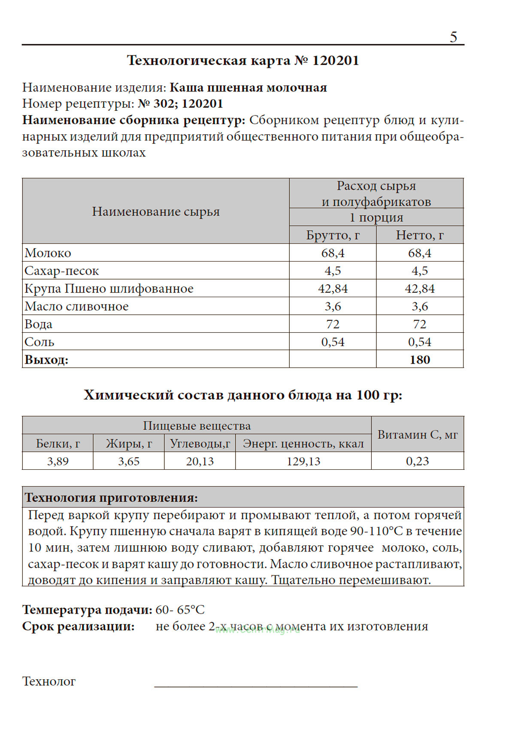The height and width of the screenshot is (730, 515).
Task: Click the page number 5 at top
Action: click(453, 37)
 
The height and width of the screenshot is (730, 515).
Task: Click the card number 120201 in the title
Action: click(335, 61)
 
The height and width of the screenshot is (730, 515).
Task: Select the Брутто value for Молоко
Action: click(333, 253)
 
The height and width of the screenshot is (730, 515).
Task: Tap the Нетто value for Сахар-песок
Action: click(419, 271)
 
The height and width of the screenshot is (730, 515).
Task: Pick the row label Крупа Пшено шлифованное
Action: click(109, 289)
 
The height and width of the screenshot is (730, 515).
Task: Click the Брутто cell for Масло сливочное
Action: click(333, 307)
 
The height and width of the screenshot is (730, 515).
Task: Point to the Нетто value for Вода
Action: click(419, 324)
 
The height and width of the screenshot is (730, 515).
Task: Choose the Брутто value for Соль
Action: click(333, 342)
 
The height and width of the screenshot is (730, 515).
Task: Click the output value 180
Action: click(419, 360)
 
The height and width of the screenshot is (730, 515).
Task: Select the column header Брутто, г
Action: click(333, 235)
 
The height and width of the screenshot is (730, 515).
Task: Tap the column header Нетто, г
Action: click(419, 235)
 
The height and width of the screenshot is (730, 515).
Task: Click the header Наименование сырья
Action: click(156, 212)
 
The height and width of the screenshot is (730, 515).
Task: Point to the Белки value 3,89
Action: click(58, 461)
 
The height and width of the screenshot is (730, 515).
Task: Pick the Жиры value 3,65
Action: click(129, 461)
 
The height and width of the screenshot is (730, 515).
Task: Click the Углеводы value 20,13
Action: click(200, 461)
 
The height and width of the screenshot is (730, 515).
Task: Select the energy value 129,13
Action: click(303, 461)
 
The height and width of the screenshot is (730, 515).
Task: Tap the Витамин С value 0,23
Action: click(417, 461)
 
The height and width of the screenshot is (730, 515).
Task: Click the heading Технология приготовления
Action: click(111, 498)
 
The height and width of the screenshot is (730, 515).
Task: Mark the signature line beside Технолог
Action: click(255, 686)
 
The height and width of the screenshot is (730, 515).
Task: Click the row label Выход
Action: click(46, 360)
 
